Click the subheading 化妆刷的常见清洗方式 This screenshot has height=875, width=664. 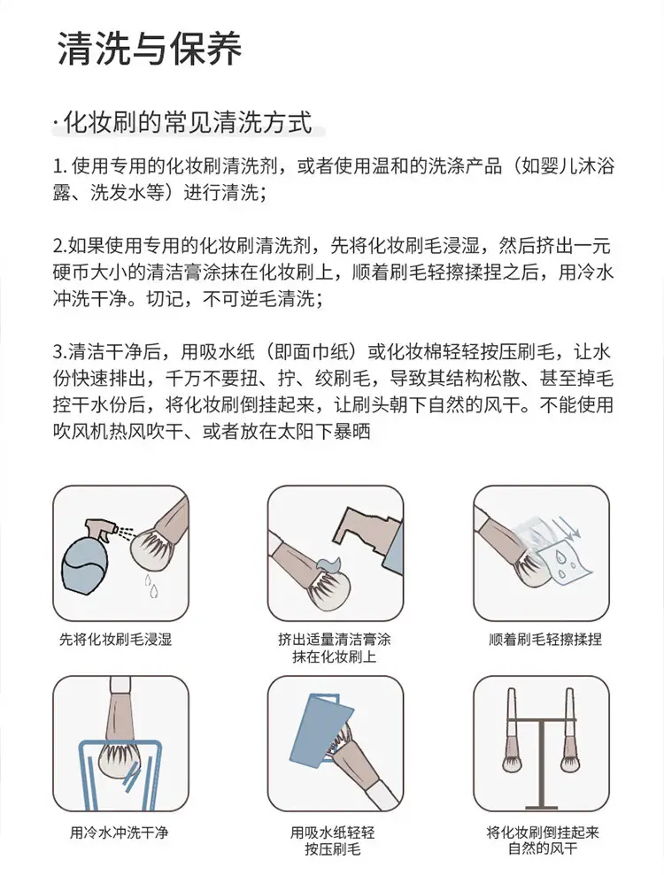tap(188, 123)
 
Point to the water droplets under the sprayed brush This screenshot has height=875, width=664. tap(151, 586)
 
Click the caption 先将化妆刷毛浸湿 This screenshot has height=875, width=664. tap(116, 640)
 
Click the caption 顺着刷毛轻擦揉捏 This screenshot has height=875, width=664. tap(545, 640)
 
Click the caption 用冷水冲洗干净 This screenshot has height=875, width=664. tap(119, 833)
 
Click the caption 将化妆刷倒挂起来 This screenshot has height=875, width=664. tap(542, 833)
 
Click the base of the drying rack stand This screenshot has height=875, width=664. tap(541, 806)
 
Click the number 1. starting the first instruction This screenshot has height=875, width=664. tap(59, 167)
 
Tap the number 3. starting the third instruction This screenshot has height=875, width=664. tap(60, 352)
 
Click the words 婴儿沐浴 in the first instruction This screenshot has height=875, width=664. tap(568, 166)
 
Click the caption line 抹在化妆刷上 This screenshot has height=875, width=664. tap(334, 656)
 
